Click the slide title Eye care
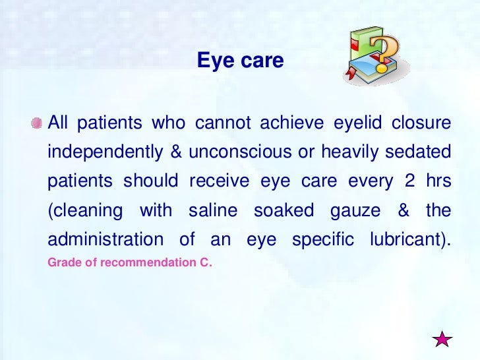(240, 61)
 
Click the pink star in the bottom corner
(443, 339)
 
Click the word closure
(422, 123)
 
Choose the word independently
(105, 153)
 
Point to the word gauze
(353, 211)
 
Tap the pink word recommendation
(140, 262)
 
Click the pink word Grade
(62, 262)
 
